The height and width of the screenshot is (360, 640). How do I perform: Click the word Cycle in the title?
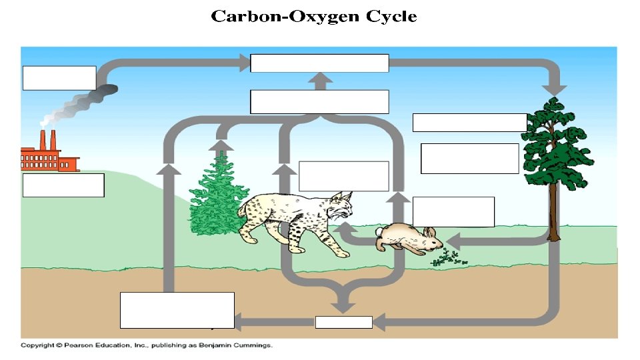tap(391, 17)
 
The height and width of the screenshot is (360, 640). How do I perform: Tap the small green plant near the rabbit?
tap(448, 259)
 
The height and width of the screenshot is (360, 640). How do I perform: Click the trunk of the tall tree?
tap(553, 207)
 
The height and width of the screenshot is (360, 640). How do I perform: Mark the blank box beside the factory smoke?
tap(59, 77)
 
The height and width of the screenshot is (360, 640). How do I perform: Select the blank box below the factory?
tap(63, 185)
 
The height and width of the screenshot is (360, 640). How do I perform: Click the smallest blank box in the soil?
tap(343, 323)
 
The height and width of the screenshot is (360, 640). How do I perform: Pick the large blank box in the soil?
tap(177, 310)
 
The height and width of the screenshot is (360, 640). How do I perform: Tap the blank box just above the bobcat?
tap(343, 176)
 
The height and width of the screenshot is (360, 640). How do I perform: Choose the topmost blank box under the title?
tap(319, 63)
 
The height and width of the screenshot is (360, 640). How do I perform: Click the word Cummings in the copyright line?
tap(251, 345)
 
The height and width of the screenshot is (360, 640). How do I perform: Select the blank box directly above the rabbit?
tap(453, 211)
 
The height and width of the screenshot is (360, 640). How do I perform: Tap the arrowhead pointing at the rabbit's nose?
tap(454, 239)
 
